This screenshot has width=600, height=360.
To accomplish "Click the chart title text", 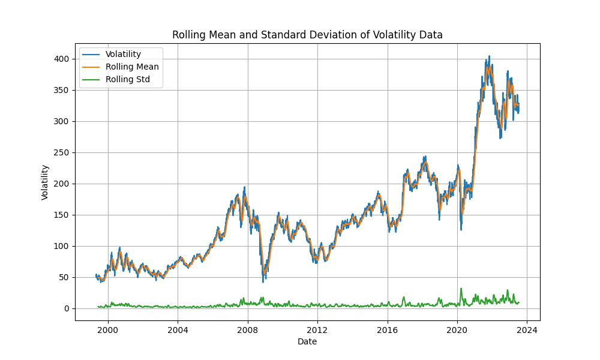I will pyautogui.click(x=307, y=35).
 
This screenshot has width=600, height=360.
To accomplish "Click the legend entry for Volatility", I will pyautogui.click(x=123, y=55).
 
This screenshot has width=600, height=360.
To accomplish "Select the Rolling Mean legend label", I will pyautogui.click(x=132, y=67).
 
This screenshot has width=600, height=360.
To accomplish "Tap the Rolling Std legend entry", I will pyautogui.click(x=127, y=79).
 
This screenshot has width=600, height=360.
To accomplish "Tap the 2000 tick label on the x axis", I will pyautogui.click(x=108, y=329).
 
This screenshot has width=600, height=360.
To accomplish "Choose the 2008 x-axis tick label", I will pyautogui.click(x=247, y=329).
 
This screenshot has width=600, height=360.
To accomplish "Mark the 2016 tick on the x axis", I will pyautogui.click(x=387, y=329).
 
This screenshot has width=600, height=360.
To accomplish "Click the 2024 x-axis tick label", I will pyautogui.click(x=527, y=329).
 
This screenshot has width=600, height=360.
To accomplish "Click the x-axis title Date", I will pyautogui.click(x=307, y=341).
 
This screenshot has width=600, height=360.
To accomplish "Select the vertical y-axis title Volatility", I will pyautogui.click(x=45, y=182).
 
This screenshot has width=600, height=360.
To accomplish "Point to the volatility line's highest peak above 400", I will pyautogui.click(x=489, y=56).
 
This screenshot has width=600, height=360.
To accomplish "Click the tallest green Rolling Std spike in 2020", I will pyautogui.click(x=461, y=289).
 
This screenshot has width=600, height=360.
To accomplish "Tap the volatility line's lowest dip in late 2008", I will pyautogui.click(x=263, y=281).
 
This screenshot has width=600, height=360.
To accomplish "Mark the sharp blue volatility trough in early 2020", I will pyautogui.click(x=461, y=229).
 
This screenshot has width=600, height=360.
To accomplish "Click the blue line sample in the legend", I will pyautogui.click(x=92, y=55).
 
